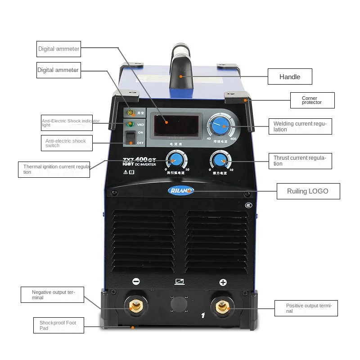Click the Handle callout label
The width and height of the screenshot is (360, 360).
(289, 76)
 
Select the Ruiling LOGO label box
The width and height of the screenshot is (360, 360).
(308, 191)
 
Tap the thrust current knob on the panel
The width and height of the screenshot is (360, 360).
(220, 160)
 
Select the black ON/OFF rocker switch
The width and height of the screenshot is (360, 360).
(130, 138)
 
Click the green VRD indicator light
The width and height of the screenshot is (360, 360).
(130, 124)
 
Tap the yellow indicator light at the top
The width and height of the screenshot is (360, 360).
(130, 112)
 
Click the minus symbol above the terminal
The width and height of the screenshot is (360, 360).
(136, 282)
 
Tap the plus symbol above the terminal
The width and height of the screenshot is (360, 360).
(223, 283)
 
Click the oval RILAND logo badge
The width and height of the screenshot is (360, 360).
(181, 190)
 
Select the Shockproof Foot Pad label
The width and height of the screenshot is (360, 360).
(58, 325)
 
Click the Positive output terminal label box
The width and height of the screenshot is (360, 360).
(306, 308)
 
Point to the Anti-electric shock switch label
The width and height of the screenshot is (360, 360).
(67, 143)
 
